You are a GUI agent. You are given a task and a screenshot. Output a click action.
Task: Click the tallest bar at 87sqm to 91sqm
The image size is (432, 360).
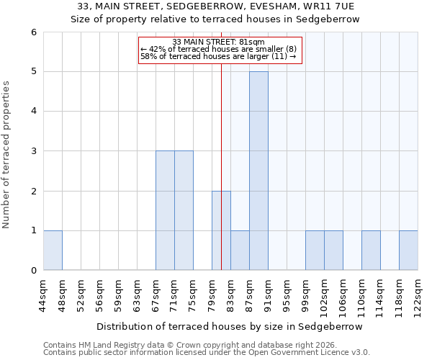point(258,171)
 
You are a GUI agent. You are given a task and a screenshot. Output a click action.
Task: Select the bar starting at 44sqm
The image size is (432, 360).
point(53,251)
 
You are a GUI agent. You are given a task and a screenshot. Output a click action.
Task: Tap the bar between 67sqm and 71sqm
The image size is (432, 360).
point(165,210)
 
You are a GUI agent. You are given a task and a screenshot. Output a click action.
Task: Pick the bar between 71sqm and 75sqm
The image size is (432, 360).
point(184,210)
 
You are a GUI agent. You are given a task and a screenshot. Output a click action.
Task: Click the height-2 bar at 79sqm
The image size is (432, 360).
point(221,230)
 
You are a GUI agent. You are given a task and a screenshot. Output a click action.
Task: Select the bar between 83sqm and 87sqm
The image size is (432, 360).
point(240,251)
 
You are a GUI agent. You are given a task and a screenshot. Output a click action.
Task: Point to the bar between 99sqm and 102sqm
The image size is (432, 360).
point(315,251)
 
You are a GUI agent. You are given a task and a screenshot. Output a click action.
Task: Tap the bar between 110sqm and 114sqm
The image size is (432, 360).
point(371,251)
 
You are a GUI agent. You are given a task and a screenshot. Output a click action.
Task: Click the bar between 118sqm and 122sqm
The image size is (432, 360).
point(408,251)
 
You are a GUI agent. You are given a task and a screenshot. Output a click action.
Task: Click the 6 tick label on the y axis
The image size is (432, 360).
point(33,32)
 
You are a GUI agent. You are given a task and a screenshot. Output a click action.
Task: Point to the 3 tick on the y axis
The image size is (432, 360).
point(33,151)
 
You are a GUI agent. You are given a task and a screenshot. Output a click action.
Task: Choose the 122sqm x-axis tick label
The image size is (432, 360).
point(418,295)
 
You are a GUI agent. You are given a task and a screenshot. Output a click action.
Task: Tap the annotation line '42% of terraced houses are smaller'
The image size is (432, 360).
point(220,49)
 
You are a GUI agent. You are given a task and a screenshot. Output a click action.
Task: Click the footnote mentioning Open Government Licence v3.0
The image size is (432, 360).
point(207,352)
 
